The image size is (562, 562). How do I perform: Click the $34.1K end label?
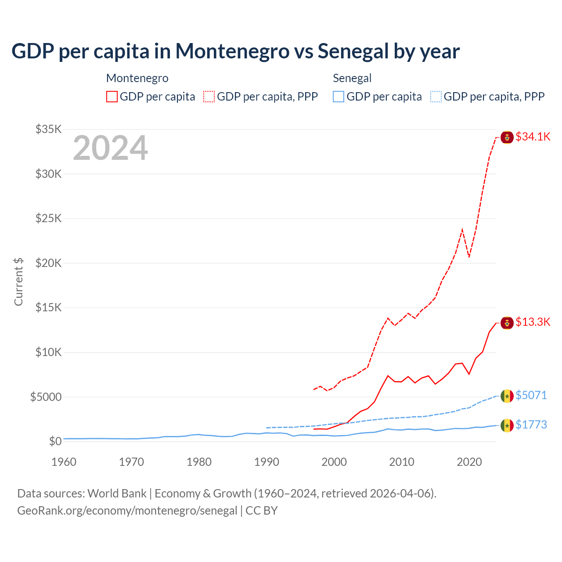pyautogui.click(x=533, y=137)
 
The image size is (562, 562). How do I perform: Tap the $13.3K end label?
pyautogui.click(x=533, y=322)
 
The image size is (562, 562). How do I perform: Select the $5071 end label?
pyautogui.click(x=531, y=395)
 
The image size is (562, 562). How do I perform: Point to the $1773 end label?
pyautogui.click(x=531, y=425)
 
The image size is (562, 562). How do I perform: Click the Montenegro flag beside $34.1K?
pyautogui.click(x=507, y=137)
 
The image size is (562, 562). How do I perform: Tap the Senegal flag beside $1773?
pyautogui.click(x=507, y=425)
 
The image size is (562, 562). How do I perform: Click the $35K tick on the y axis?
pyautogui.click(x=48, y=129)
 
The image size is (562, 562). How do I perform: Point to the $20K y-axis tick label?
pyautogui.click(x=48, y=263)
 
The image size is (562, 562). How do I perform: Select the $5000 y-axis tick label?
pyautogui.click(x=46, y=397)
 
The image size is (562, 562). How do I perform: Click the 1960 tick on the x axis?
pyautogui.click(x=64, y=462)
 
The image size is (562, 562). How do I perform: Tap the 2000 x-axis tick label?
pyautogui.click(x=334, y=462)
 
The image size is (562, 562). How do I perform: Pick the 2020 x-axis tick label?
pyautogui.click(x=469, y=462)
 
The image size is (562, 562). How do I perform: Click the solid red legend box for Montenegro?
pyautogui.click(x=112, y=97)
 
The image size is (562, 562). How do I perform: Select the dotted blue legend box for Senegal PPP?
pyautogui.click(x=436, y=97)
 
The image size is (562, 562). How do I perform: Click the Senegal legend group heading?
pyautogui.click(x=352, y=78)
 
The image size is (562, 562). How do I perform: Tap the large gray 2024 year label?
pyautogui.click(x=110, y=148)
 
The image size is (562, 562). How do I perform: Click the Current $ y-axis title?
pyautogui.click(x=18, y=282)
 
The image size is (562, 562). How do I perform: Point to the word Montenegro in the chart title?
pyautogui.click(x=232, y=51)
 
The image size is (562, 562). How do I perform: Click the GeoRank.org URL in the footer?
pyautogui.click(x=127, y=511)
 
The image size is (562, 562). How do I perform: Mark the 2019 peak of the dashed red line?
pyautogui.click(x=462, y=229)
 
